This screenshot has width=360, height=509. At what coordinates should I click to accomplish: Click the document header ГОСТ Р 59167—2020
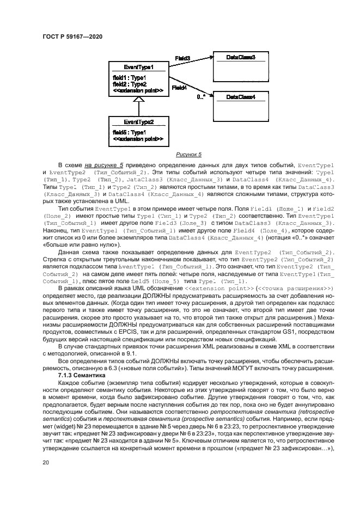coord(72,36)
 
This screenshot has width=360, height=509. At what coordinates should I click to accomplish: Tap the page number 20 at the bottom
coord(45,462)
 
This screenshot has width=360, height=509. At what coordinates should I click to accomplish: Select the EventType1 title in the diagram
coord(138,67)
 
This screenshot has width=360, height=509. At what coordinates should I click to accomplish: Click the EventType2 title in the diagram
coord(138,122)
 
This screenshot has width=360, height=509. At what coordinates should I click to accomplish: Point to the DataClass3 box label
coord(241,57)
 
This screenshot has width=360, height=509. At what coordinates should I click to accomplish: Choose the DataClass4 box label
coord(241,97)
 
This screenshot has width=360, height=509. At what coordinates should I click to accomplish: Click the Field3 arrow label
coord(182,58)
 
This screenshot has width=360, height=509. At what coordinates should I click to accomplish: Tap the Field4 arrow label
coord(179,87)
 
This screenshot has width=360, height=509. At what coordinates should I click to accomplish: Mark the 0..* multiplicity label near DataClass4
coord(201,97)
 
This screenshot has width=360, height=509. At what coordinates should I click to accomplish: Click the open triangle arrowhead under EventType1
coord(138,100)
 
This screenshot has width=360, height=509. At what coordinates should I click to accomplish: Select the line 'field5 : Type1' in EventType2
coord(129,132)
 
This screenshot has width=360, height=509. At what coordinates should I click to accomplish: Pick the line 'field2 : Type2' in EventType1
coord(129,84)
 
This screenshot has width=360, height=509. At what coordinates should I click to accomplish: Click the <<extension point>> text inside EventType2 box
coord(138,139)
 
